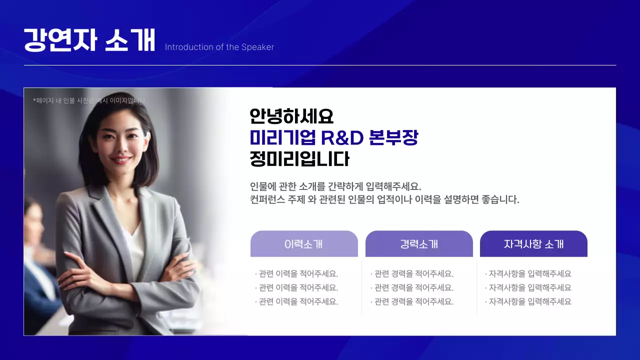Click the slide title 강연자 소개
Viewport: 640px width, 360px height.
coord(89,40)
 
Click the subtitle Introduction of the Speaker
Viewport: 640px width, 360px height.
coord(219,47)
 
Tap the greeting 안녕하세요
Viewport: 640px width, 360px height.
coord(291,116)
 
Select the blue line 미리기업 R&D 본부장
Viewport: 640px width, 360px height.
coord(333,138)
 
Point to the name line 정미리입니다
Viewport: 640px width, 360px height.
coord(299,159)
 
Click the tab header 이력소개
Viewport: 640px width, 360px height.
coord(303,244)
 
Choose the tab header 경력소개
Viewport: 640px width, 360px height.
coord(419,244)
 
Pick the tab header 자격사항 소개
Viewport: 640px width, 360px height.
coord(533,244)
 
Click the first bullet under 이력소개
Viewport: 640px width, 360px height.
coord(297,274)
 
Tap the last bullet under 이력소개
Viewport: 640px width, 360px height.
coord(297,302)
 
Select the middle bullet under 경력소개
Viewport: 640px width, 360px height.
coord(413,288)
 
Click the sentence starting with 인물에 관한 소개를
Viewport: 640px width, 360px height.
coord(335,186)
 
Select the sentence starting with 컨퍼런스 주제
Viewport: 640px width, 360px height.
coord(384,200)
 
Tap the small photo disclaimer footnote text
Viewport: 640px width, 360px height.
coord(88,100)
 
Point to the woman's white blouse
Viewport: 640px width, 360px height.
coord(133,245)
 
